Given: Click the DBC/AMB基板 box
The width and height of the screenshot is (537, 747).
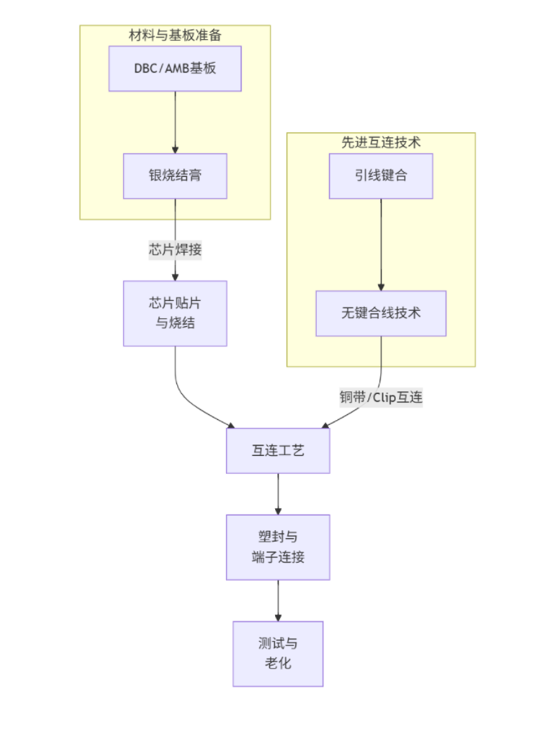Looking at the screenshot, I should pyautogui.click(x=175, y=69).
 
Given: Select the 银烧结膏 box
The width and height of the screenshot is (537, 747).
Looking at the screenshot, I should pyautogui.click(x=175, y=175).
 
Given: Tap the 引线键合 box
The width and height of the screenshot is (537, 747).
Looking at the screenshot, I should pyautogui.click(x=380, y=175).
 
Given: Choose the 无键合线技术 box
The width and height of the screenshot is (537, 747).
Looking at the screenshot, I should pyautogui.click(x=380, y=313).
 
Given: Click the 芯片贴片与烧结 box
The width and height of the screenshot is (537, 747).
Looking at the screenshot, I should pyautogui.click(x=175, y=313).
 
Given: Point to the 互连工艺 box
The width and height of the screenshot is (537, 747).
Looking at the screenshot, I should pyautogui.click(x=277, y=450).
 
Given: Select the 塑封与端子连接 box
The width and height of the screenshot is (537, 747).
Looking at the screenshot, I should pyautogui.click(x=277, y=547).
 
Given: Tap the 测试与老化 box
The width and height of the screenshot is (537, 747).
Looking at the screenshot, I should pyautogui.click(x=277, y=653).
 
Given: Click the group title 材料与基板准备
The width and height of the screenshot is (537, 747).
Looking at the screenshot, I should pyautogui.click(x=175, y=35).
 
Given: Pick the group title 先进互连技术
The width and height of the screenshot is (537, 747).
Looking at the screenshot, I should pyautogui.click(x=380, y=142).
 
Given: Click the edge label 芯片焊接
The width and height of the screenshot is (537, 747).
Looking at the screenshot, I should pyautogui.click(x=175, y=250).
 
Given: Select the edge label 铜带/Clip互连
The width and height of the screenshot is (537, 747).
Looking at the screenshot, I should pyautogui.click(x=380, y=397).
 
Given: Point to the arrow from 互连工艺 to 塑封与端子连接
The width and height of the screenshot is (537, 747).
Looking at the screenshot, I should pyautogui.click(x=277, y=493).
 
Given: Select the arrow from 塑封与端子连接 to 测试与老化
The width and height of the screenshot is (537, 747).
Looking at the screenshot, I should pyautogui.click(x=277, y=599).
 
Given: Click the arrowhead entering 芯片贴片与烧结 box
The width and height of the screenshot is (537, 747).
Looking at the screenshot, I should pyautogui.click(x=175, y=276).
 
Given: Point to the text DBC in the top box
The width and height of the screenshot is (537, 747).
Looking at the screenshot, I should pyautogui.click(x=145, y=69).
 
